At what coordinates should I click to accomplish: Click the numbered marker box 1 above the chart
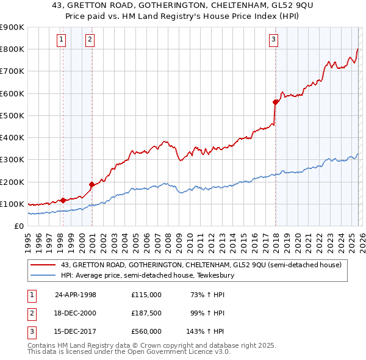[62, 40]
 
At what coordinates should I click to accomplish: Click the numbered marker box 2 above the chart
[90, 40]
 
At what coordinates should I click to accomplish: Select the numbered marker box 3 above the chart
[273, 40]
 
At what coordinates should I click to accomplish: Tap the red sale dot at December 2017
[276, 103]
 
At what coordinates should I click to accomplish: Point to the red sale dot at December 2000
[92, 184]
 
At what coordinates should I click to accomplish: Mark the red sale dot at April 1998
[63, 200]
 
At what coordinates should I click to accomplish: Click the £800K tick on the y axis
[12, 49]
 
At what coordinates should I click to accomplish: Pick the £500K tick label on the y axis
[12, 115]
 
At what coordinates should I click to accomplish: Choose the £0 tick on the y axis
[18, 226]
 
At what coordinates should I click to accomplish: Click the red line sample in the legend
[44, 265]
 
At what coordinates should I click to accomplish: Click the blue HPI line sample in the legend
[44, 275]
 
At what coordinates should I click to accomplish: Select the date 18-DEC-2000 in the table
[76, 313]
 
